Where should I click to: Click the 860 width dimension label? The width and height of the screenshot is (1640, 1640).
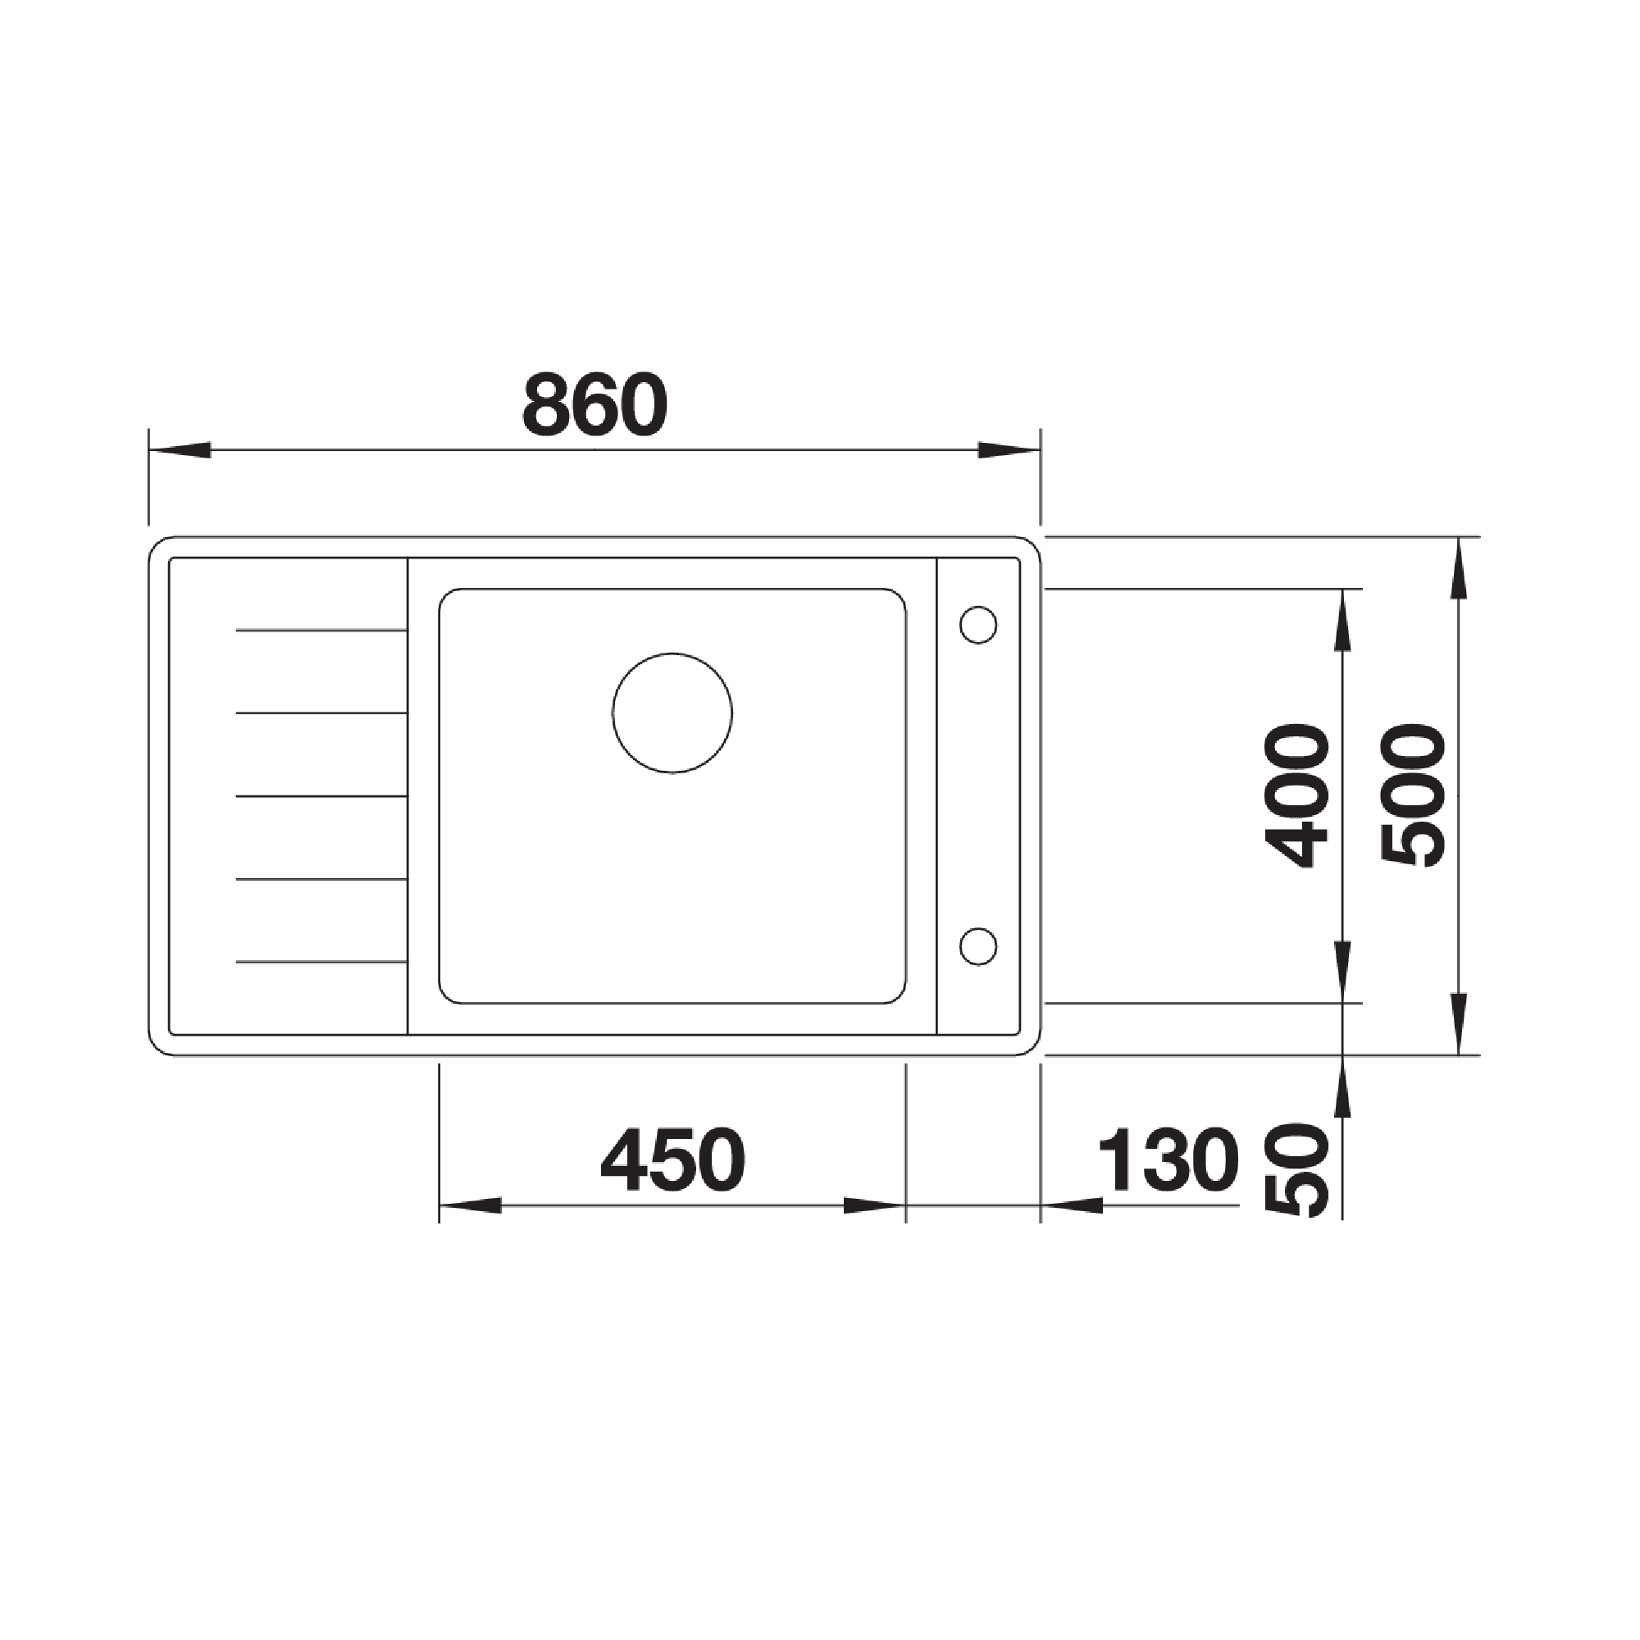[x=595, y=405]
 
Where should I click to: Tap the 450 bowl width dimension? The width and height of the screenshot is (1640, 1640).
[x=672, y=1160]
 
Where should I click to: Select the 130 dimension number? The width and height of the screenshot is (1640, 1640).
[x=1168, y=1160]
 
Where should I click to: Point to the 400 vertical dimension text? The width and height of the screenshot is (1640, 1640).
[x=1296, y=795]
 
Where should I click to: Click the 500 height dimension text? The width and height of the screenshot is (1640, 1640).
[x=1413, y=795]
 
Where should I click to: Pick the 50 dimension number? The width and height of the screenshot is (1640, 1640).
[x=1296, y=1171]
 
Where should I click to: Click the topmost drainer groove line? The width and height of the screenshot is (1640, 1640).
[x=321, y=630]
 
